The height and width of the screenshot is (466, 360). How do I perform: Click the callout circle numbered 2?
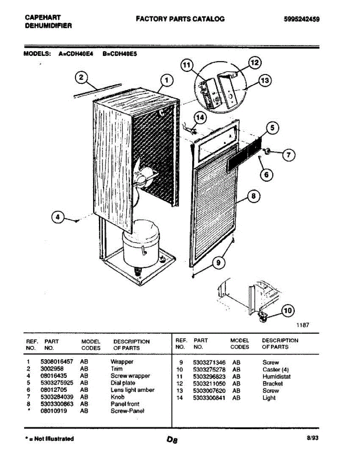81,78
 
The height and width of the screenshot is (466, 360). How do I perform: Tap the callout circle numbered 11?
187,66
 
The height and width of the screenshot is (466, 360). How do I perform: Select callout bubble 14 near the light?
200,118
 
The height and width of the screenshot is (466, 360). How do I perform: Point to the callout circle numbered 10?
287,310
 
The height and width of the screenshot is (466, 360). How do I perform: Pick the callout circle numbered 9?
218,263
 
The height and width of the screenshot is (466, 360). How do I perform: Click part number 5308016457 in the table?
57,362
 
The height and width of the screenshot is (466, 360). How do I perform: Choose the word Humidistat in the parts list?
277,377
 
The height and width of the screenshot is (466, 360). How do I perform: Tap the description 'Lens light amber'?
132,390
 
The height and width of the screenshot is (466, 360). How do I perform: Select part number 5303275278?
209,370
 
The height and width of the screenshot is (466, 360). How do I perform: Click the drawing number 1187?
303,325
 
